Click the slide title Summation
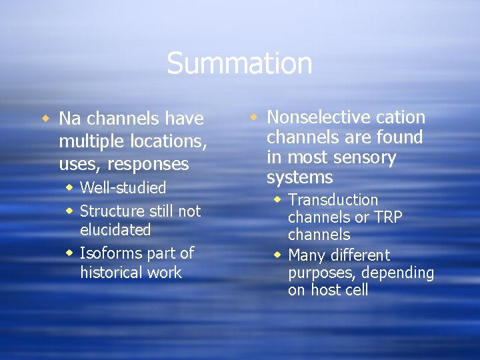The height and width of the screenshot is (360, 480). tap(239, 63)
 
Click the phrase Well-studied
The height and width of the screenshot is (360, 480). tap(123, 188)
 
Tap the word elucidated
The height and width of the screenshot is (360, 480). tap(115, 230)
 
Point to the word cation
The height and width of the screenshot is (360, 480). tap(400, 117)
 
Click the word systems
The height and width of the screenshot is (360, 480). tap(299, 178)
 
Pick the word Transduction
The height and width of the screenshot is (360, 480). tap(333, 200)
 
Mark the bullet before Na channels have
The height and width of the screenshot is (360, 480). tap(46, 119)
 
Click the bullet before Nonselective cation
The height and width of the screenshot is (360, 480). tap(254, 117)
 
